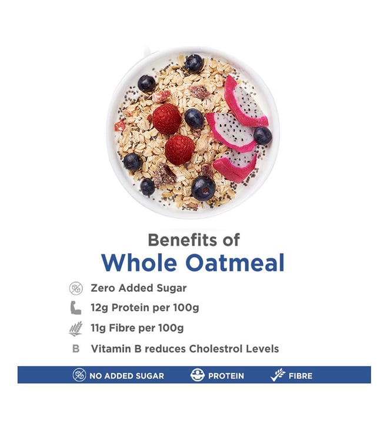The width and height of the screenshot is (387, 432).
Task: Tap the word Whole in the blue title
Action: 139,262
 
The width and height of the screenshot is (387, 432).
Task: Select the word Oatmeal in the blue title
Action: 235,262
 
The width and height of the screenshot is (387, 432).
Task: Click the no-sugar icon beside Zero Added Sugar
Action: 76,288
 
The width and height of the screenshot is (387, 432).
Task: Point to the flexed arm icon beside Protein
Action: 76,308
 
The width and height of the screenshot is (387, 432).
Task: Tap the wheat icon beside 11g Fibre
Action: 76,328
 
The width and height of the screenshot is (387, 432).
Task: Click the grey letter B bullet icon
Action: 76,349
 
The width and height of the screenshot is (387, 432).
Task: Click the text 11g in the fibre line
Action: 98,328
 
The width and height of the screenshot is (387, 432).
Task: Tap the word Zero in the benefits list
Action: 103,288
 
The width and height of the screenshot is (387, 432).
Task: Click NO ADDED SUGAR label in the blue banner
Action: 126,376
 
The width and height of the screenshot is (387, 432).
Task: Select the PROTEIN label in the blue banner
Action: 226,376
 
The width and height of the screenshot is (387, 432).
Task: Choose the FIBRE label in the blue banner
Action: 301,376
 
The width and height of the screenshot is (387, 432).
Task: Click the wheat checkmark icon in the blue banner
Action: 278,375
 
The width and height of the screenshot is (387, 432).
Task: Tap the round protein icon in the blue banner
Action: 198,375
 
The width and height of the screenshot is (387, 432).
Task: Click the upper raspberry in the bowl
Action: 167,119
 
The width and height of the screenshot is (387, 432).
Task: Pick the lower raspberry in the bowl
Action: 180,149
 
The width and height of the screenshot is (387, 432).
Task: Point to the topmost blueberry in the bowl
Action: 194,64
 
